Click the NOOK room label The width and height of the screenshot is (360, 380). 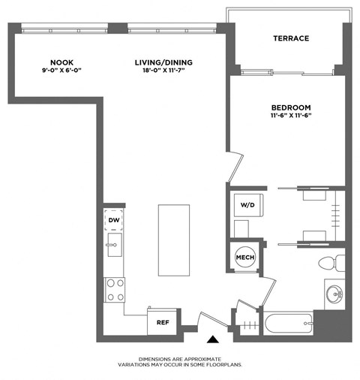pos(61,62)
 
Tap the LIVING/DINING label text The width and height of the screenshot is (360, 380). pos(160,62)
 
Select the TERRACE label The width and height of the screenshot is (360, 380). pos(291,38)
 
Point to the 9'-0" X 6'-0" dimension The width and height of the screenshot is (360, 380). pos(61,70)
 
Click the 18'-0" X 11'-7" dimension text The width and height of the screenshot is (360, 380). pos(160,70)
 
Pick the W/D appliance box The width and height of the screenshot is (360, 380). pos(247,205)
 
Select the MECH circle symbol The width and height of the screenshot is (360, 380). pos(245,258)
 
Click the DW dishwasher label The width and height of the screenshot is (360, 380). pos(114,219)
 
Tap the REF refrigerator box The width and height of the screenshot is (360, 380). pos(161,321)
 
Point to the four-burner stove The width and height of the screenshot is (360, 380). pos(115,289)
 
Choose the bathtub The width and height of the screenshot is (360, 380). pos(286,324)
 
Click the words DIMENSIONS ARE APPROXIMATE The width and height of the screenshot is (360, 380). pos(180,360)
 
